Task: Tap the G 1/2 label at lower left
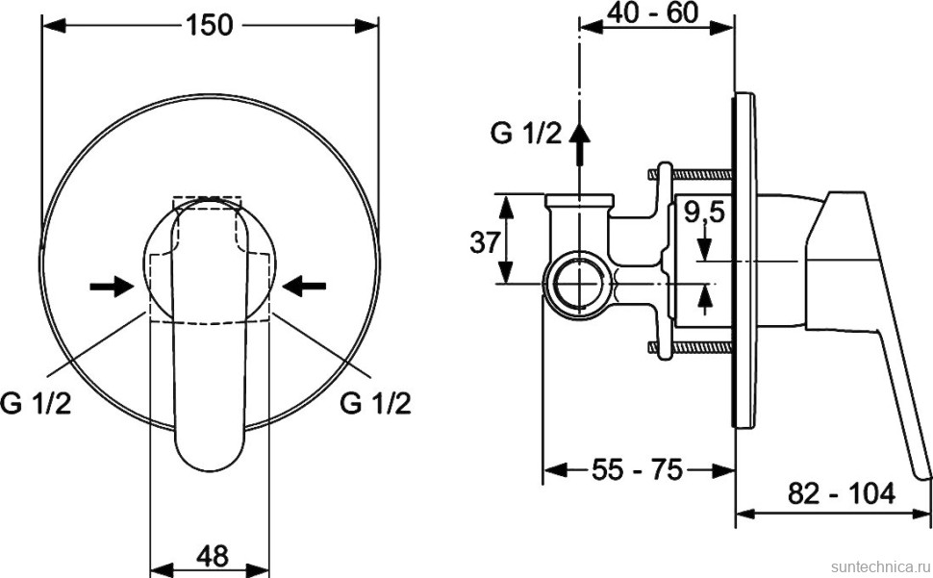(36, 403)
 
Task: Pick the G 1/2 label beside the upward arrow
(525, 134)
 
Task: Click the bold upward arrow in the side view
(580, 144)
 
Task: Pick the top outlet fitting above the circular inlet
(579, 203)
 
